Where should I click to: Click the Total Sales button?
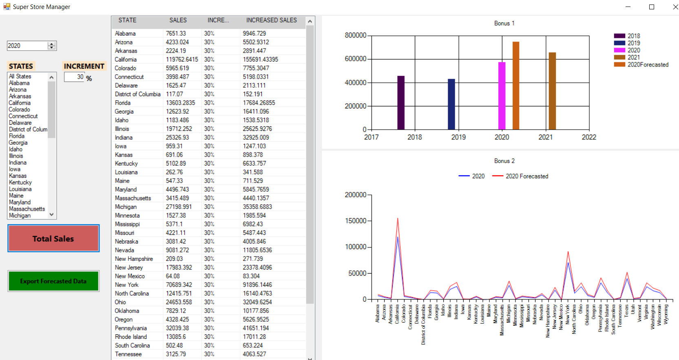[x=53, y=239]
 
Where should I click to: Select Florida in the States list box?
[x=17, y=136]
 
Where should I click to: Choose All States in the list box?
[x=20, y=76]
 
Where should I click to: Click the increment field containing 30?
[x=75, y=77]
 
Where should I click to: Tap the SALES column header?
[x=178, y=20]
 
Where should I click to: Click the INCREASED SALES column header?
[x=271, y=20]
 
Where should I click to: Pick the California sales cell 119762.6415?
[x=182, y=60]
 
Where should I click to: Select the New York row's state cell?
[x=127, y=285]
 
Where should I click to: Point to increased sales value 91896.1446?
[x=257, y=285]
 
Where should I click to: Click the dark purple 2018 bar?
[x=401, y=103]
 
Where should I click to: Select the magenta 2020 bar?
[x=502, y=96]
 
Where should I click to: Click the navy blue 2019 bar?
[x=451, y=104]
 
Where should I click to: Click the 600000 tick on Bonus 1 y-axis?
[x=356, y=59]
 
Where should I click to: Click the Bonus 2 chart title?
[x=504, y=161]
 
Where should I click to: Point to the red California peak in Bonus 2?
[x=398, y=219]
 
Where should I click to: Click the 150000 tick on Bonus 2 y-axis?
[x=356, y=221]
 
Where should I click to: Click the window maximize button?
[x=652, y=7]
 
